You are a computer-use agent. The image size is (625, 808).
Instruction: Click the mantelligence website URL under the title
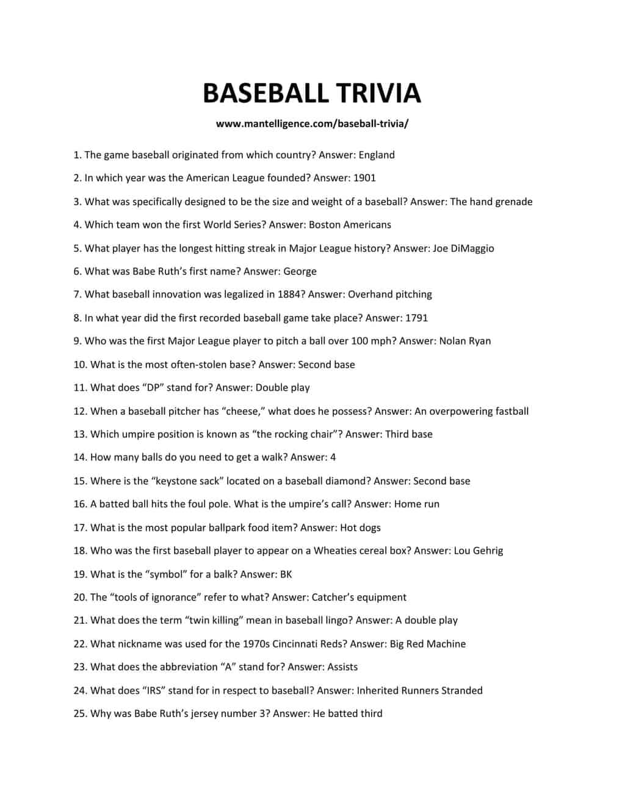point(312,124)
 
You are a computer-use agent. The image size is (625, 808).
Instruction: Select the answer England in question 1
point(376,155)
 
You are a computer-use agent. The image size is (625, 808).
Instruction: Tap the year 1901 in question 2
point(364,178)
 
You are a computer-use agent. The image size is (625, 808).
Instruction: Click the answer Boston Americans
point(350,225)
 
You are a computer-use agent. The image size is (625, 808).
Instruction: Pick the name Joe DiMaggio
point(463,248)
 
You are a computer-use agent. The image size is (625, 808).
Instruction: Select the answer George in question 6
point(300,271)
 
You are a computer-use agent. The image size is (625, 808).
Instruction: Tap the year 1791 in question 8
point(416,318)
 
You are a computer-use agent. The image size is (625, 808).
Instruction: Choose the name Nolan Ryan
point(464,341)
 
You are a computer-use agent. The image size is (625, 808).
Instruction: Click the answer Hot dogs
point(360,527)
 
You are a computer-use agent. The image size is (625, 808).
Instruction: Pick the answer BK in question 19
point(286,574)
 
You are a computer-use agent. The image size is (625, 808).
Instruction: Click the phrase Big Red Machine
point(427,644)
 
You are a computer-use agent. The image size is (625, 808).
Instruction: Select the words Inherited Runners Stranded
point(419,690)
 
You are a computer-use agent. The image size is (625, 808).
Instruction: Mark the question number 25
point(80,713)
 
